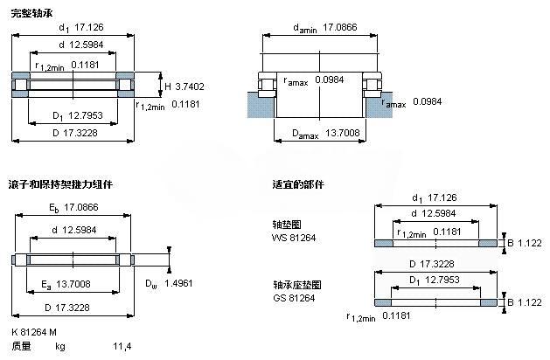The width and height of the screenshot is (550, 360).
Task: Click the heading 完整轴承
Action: [x=31, y=13]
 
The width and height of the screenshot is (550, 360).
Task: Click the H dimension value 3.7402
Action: [x=190, y=87]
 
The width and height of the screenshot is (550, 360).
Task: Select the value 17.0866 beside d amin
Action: [x=340, y=27]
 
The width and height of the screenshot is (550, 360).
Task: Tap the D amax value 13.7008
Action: [x=343, y=133]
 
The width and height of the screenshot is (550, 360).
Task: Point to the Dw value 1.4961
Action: [x=178, y=283]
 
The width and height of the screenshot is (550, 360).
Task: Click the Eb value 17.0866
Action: [x=81, y=207]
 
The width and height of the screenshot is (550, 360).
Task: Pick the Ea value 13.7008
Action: [x=73, y=284]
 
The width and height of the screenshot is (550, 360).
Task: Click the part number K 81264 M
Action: [x=34, y=332]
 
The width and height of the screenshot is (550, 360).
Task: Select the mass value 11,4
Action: [x=122, y=346]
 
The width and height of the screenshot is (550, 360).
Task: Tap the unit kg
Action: [x=60, y=347]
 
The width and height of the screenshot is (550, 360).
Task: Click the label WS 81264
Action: [x=294, y=238]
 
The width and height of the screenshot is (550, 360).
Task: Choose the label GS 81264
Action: [x=294, y=298]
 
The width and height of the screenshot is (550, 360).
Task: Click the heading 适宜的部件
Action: [x=298, y=184]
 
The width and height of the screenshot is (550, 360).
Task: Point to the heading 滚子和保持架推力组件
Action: [x=60, y=184]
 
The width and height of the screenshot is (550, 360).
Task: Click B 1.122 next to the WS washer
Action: [x=525, y=243]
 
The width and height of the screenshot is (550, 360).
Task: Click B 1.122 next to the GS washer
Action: [x=525, y=302]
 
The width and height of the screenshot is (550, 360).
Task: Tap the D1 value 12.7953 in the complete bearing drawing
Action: [x=85, y=115]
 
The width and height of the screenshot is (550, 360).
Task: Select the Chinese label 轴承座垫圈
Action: [x=297, y=285]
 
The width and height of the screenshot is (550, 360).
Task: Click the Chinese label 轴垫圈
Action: [x=287, y=225]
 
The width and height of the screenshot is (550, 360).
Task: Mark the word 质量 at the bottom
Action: [x=21, y=346]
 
